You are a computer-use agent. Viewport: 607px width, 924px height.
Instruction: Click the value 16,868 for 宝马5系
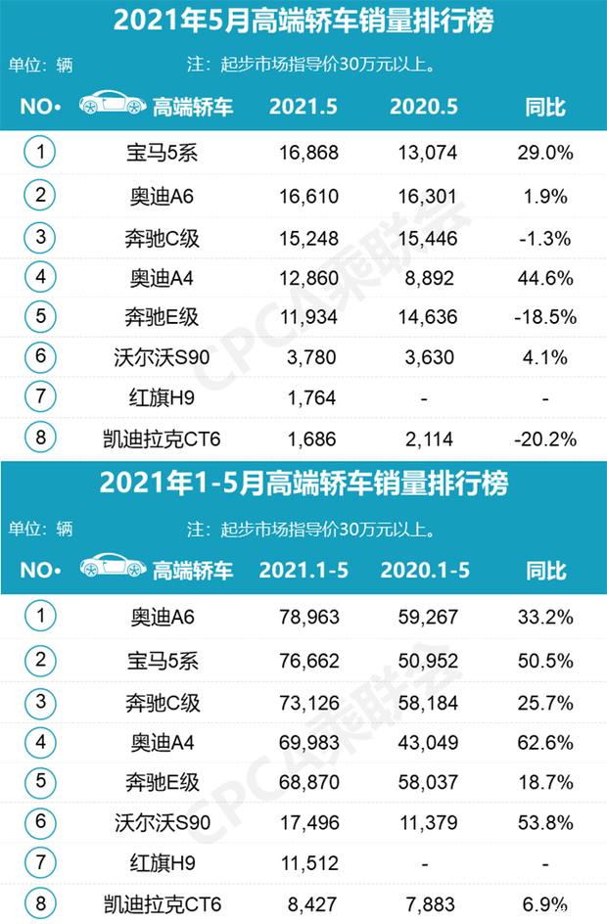(303, 152)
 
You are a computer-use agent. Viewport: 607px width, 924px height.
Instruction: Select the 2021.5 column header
(303, 107)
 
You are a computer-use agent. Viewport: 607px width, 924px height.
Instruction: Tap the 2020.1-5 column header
(424, 570)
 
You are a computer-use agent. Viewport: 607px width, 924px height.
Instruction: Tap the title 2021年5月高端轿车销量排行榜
(303, 21)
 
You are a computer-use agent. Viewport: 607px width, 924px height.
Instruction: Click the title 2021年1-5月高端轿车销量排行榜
(303, 484)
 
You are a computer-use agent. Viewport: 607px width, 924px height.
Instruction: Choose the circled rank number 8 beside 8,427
(41, 903)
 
